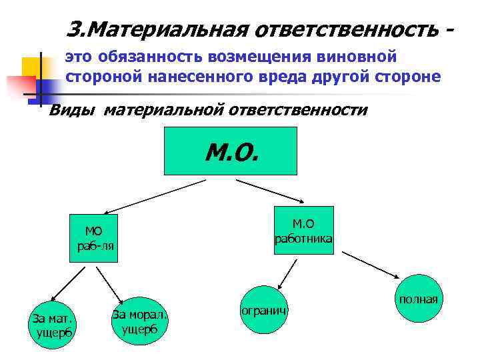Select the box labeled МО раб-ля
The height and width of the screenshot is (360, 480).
(94, 238)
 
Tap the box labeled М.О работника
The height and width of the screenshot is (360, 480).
(303, 231)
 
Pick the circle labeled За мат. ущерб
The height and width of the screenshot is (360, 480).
(52, 324)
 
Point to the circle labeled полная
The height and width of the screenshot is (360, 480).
(419, 299)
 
